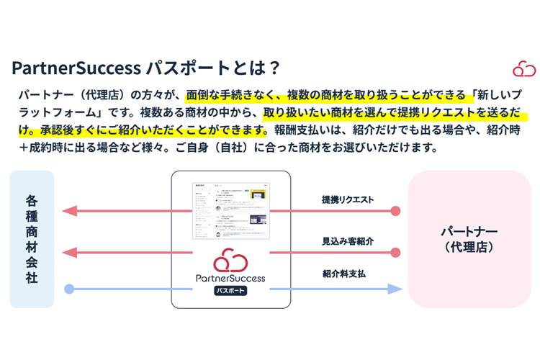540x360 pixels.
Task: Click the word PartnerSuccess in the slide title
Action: coord(76,68)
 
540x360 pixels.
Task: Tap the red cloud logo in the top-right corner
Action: coord(523,68)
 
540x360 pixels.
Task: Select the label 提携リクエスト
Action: coord(347,199)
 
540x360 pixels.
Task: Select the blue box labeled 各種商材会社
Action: coord(32,238)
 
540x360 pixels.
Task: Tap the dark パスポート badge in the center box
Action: coord(230,291)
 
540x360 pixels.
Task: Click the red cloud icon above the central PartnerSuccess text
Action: coord(230,259)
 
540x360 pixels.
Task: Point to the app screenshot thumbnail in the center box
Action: coord(230,211)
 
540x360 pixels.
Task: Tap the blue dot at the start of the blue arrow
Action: coord(69,289)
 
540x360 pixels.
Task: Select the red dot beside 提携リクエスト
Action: coord(395,212)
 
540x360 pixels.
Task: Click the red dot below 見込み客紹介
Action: coord(395,253)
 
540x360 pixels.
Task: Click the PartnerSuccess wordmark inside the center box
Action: coord(230,277)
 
